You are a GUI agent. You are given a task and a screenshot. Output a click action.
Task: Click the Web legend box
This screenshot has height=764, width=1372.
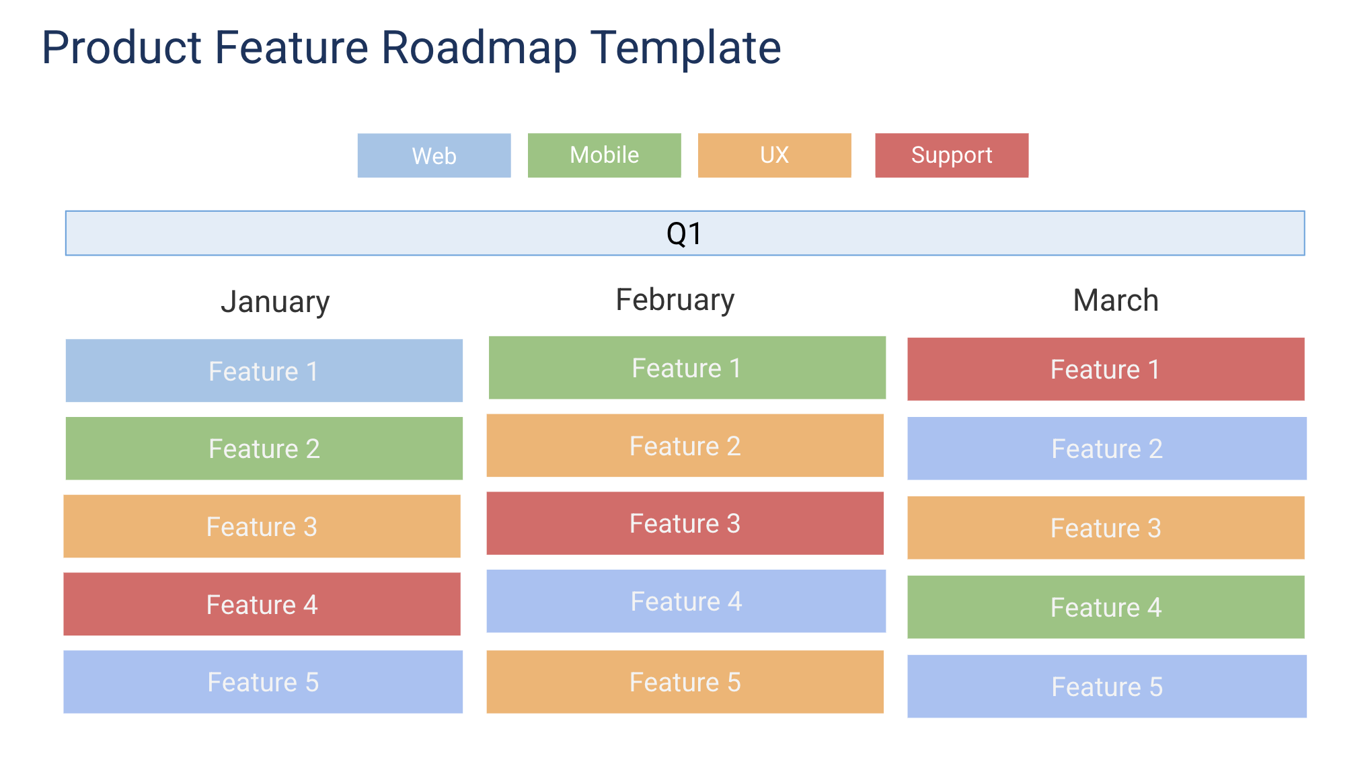click(434, 155)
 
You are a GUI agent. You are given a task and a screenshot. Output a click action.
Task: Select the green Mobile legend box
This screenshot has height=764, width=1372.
click(604, 155)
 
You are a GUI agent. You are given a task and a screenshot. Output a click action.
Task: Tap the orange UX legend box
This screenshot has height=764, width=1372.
click(774, 155)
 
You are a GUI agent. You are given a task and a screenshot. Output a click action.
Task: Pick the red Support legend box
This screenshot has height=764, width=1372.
click(951, 155)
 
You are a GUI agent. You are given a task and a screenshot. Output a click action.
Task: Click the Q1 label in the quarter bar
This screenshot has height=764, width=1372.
click(684, 234)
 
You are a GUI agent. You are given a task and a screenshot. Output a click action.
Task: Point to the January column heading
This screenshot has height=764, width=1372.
click(275, 302)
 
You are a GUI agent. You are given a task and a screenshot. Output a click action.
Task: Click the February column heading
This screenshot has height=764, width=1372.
click(675, 300)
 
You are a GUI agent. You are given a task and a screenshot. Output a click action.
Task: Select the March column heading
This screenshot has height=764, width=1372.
click(1115, 301)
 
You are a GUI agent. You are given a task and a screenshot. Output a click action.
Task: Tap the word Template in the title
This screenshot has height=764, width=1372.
click(685, 48)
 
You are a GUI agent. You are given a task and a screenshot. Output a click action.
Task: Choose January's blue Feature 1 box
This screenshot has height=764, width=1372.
click(264, 371)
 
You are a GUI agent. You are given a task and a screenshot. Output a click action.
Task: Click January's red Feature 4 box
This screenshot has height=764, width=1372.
click(262, 604)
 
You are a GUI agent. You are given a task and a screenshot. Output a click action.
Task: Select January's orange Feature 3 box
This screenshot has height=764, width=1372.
click(262, 526)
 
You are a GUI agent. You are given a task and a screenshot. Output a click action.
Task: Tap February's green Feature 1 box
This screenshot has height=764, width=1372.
click(687, 368)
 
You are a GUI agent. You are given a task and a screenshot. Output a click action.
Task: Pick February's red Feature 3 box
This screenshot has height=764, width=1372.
click(685, 523)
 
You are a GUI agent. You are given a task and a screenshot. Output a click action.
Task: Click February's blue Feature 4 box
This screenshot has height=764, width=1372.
click(686, 601)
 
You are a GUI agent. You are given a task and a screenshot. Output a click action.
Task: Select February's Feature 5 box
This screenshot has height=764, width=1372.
click(685, 681)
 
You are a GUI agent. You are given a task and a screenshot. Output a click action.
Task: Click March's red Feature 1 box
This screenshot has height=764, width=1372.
click(1105, 369)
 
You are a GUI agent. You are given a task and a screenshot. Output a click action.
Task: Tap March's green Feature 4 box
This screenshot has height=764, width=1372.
click(1105, 607)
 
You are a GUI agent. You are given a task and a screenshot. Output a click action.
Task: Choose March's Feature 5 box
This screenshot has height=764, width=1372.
click(1106, 686)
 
